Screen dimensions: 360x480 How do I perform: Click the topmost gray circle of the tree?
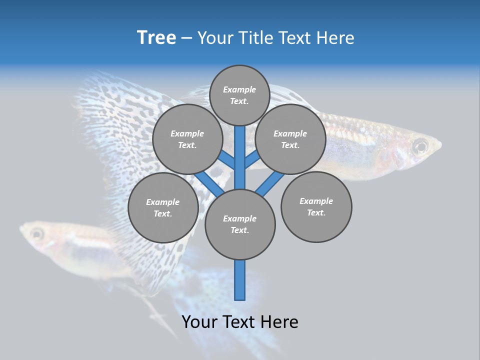pyautogui.click(x=239, y=95)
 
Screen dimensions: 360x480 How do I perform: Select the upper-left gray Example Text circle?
pyautogui.click(x=187, y=139)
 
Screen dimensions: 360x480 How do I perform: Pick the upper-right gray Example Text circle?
pyautogui.click(x=290, y=139)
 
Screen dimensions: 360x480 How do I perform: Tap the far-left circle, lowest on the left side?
pyautogui.click(x=163, y=207)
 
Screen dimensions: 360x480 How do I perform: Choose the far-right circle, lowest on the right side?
pyautogui.click(x=316, y=206)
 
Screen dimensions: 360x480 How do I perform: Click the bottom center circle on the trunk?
pyautogui.click(x=240, y=224)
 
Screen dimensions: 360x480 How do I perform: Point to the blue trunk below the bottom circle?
pyautogui.click(x=240, y=280)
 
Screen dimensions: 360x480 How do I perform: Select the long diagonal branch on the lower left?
pyautogui.click(x=208, y=183)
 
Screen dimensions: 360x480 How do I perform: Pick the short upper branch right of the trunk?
pyautogui.click(x=251, y=159)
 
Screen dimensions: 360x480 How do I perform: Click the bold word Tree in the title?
pyautogui.click(x=156, y=37)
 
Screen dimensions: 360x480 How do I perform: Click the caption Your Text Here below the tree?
pyautogui.click(x=240, y=321)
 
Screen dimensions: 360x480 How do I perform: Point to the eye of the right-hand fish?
pyautogui.click(x=420, y=146)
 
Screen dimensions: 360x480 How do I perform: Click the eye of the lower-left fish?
pyautogui.click(x=36, y=233)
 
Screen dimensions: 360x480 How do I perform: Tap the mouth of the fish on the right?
pyautogui.click(x=439, y=146)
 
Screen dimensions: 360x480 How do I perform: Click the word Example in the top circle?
pyautogui.click(x=239, y=89)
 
